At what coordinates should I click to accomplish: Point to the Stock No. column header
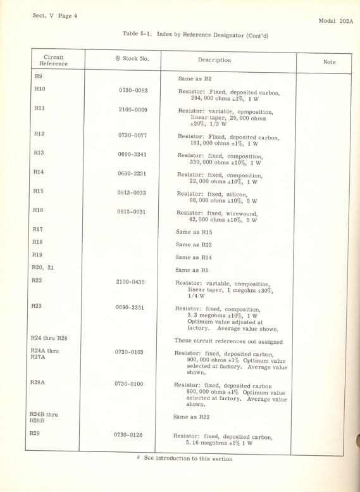tap(132, 59)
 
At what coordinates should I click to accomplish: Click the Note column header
tap(329, 62)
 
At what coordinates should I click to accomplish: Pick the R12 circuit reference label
tap(39, 134)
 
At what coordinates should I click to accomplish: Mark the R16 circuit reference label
tap(39, 210)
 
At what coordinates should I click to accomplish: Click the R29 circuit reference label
tap(39, 433)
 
